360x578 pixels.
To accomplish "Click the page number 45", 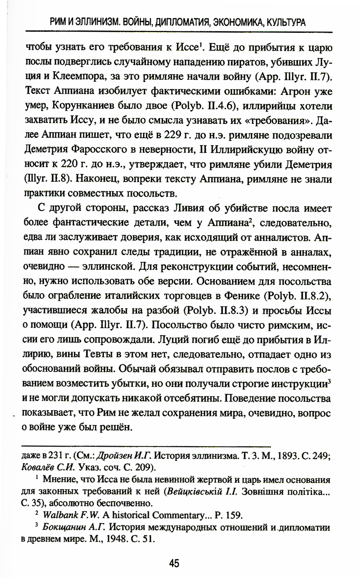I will pyautogui.click(x=174, y=563).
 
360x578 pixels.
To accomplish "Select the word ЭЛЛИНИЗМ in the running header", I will pyautogui.click(x=96, y=23).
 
